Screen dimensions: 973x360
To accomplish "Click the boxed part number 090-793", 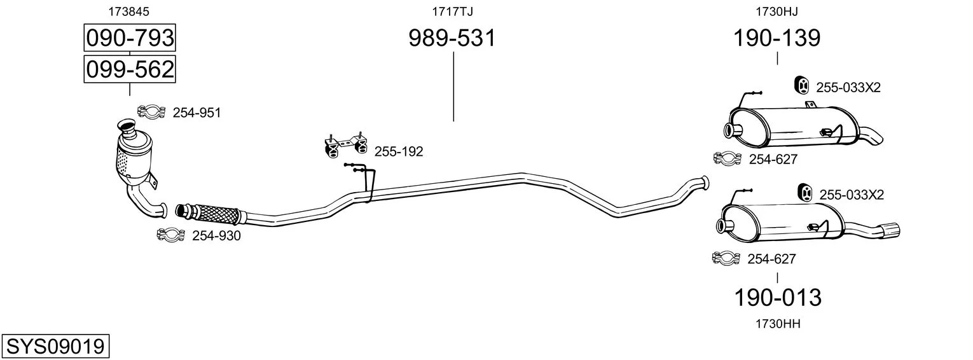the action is click(130, 38).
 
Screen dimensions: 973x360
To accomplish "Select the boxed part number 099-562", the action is click(130, 69).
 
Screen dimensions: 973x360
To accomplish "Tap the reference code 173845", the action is click(128, 11).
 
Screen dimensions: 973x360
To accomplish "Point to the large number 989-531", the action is click(452, 38).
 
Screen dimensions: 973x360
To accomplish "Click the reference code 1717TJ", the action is click(452, 11).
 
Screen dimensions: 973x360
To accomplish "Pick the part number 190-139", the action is click(776, 38).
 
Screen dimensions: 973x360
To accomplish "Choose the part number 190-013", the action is click(778, 298).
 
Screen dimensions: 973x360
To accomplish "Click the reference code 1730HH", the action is click(778, 324).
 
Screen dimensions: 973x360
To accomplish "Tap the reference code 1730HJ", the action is click(776, 11).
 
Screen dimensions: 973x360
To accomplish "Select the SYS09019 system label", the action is click(55, 347).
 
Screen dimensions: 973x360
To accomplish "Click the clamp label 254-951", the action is click(197, 113).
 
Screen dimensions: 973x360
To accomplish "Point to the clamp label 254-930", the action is click(216, 236).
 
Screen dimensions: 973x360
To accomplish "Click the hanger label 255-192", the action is click(399, 151).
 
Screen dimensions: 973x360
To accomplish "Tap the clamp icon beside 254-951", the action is click(151, 112).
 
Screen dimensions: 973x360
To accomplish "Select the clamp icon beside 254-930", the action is click(170, 235).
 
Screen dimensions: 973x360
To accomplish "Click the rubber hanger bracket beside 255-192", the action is click(346, 144).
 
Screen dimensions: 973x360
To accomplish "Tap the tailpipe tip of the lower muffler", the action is click(890, 231).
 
